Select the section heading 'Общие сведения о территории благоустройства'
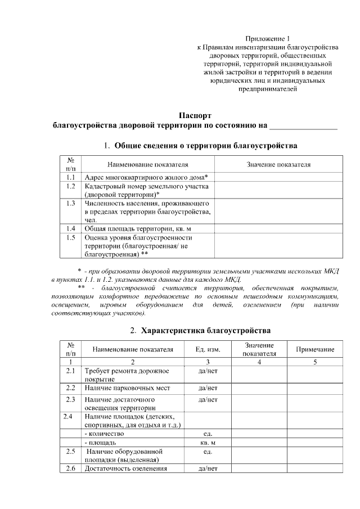[x=206, y=146]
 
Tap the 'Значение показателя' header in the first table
[x=278, y=164]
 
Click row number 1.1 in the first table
[x=71, y=177]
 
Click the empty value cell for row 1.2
[x=278, y=190]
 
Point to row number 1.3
[x=71, y=202]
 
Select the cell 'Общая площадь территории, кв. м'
[x=138, y=229]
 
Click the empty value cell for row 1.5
[x=278, y=246]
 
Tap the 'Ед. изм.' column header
[x=208, y=349]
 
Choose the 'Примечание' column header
[x=315, y=349]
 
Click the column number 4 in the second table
[x=259, y=362]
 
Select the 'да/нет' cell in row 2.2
[x=208, y=388]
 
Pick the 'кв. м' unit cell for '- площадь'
[x=208, y=443]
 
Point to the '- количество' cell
[x=105, y=434]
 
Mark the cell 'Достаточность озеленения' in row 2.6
[x=125, y=469]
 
